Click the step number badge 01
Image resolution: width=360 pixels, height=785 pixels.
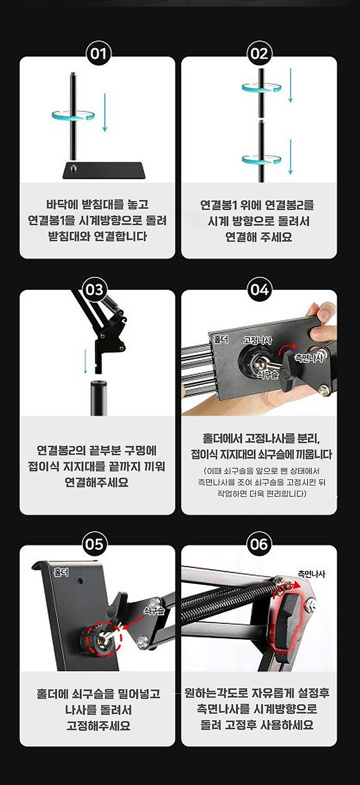click(98, 54)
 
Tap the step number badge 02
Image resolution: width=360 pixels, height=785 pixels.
click(259, 54)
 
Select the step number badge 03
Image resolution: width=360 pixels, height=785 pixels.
click(94, 290)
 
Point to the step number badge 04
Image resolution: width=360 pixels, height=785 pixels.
click(259, 290)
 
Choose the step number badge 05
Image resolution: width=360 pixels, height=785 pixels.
click(94, 544)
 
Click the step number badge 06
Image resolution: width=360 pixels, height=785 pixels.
click(259, 544)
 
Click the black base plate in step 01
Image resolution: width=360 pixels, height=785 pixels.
click(104, 170)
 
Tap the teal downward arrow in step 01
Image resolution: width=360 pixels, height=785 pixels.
click(104, 113)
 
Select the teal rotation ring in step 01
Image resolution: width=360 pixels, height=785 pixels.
click(73, 115)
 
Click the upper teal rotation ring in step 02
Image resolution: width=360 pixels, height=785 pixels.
click(261, 87)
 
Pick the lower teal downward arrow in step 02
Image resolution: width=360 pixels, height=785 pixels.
click(290, 157)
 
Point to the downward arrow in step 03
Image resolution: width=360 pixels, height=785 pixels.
click(85, 361)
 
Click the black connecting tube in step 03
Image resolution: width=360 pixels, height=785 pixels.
click(99, 398)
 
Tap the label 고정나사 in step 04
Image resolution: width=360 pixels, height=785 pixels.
click(258, 340)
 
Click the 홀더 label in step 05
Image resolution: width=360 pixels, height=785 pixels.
click(61, 572)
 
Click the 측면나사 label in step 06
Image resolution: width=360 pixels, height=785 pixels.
click(312, 574)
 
